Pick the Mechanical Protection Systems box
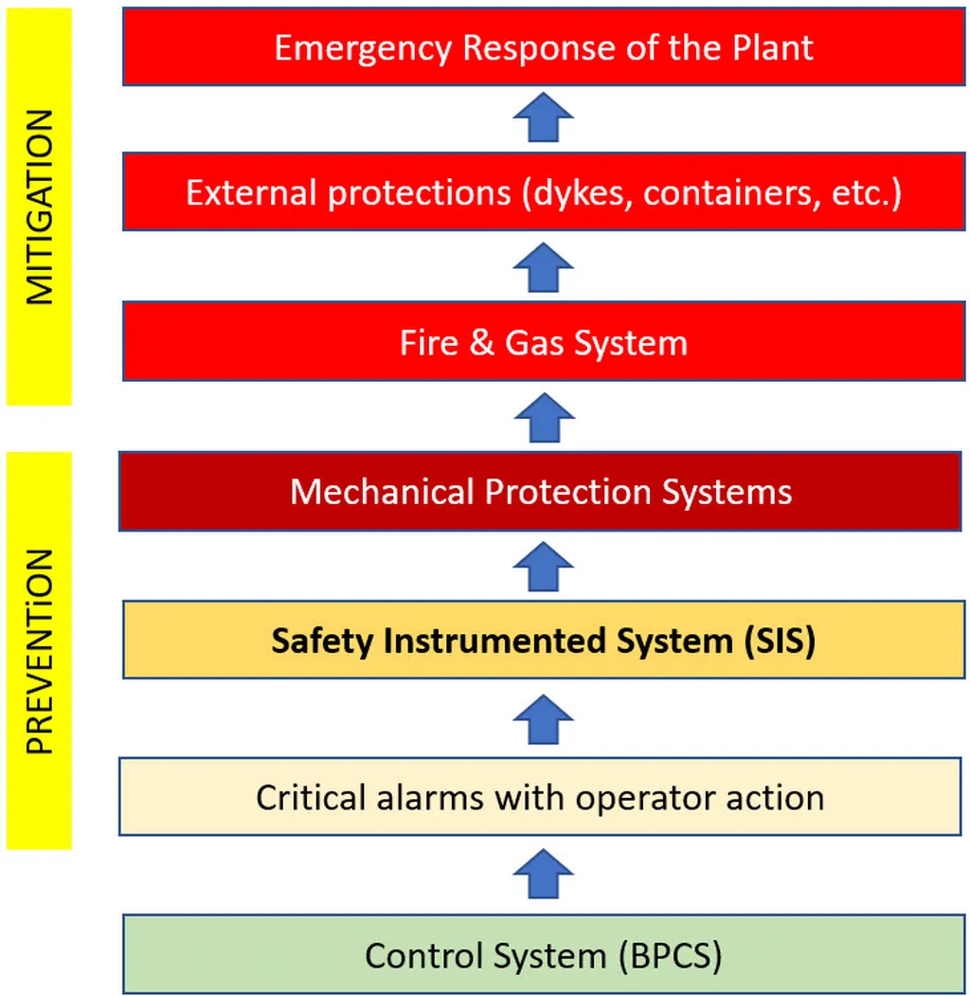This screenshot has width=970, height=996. (541, 491)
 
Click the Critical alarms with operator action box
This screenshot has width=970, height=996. (540, 796)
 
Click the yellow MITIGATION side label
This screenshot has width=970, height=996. (39, 208)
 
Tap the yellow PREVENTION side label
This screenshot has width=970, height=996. (39, 650)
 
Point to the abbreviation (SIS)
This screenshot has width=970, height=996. (776, 642)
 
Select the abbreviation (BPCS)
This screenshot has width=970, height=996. (668, 954)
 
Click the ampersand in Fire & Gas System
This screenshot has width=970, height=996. (481, 342)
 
